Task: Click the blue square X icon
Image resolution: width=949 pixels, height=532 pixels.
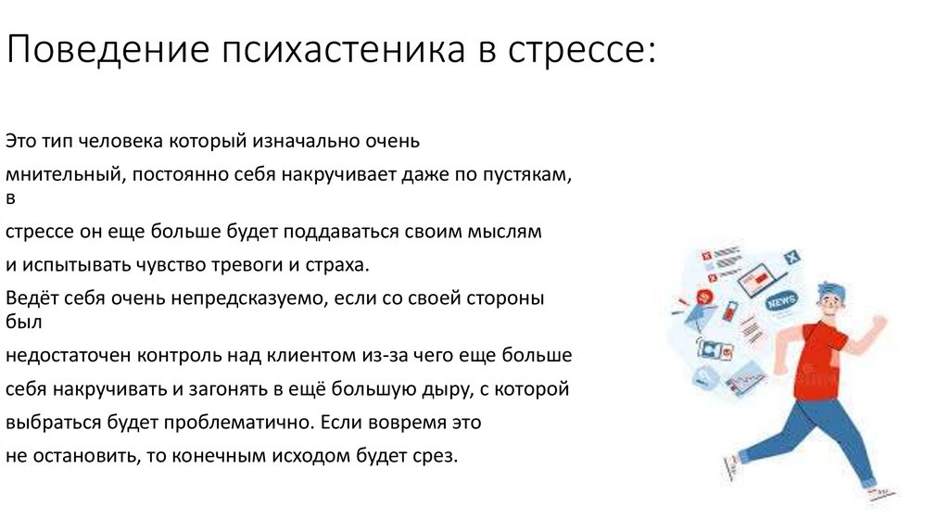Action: point(791,257)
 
